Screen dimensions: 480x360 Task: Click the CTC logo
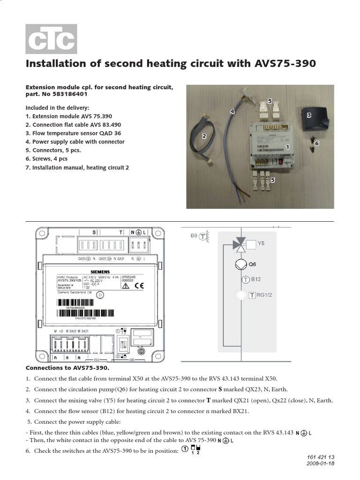(x=51, y=39)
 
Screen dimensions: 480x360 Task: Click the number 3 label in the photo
(x=309, y=115)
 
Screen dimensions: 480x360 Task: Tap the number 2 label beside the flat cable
(x=204, y=136)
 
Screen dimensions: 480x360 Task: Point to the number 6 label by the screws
(x=317, y=143)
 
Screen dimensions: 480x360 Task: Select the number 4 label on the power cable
(x=232, y=111)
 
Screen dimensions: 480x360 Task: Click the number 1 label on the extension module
(x=287, y=147)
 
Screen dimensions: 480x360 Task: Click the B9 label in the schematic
(x=194, y=236)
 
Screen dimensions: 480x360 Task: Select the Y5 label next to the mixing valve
(x=261, y=244)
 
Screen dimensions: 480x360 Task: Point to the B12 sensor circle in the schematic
(x=245, y=280)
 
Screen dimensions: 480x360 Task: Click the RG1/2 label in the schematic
(x=264, y=295)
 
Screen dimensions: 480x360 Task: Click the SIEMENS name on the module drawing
(x=100, y=271)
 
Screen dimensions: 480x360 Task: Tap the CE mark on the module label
(x=139, y=285)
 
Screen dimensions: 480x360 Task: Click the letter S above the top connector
(x=94, y=232)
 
